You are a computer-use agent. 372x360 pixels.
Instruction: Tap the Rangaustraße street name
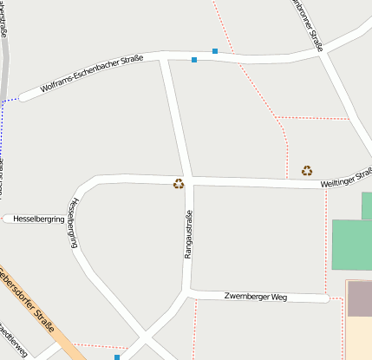click(x=187, y=234)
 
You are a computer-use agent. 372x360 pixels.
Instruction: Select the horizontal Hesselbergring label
click(x=35, y=219)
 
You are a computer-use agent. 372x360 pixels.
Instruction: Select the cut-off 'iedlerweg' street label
click(x=14, y=342)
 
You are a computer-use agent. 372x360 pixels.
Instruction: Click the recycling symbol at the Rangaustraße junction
click(x=179, y=183)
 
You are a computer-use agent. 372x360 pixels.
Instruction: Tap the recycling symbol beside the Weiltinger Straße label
click(x=307, y=170)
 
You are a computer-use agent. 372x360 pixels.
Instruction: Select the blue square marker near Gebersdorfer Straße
click(x=116, y=357)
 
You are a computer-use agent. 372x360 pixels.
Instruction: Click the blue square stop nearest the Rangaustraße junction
click(x=194, y=60)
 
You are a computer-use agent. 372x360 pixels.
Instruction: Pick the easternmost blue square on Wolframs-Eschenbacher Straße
click(x=215, y=51)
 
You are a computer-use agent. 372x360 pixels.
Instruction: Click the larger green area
click(x=352, y=245)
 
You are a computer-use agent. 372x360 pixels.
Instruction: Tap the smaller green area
click(x=367, y=206)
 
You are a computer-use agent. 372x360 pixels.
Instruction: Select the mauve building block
click(x=360, y=298)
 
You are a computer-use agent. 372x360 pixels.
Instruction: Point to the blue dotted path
click(x=9, y=101)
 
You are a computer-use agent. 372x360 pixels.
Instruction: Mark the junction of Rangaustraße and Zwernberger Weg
click(x=189, y=291)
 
